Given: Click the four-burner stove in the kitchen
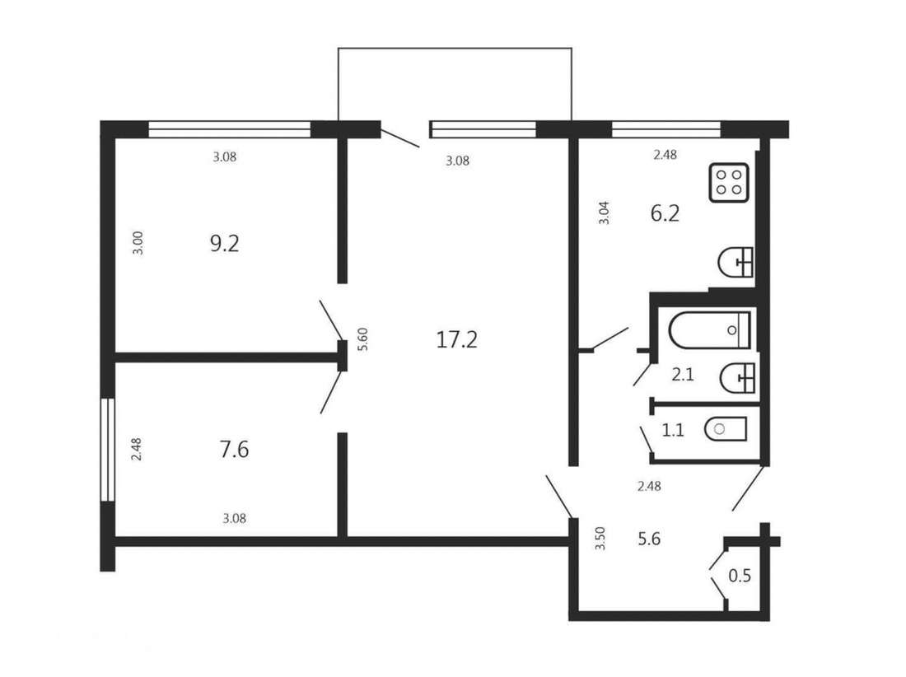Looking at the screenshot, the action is [x=729, y=183].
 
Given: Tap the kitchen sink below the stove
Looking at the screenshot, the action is [x=736, y=262].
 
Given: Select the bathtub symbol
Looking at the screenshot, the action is [x=709, y=329].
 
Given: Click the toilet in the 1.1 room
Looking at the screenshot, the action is [x=726, y=428].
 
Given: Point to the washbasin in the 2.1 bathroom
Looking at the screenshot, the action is [x=737, y=378].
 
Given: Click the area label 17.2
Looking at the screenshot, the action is [x=456, y=339].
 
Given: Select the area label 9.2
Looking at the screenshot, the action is [x=224, y=243].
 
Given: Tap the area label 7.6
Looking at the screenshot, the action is [x=234, y=449].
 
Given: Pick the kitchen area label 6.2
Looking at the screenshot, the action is [x=665, y=213].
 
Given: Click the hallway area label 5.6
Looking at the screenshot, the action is [x=649, y=539].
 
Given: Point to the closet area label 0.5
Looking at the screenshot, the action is [x=740, y=576].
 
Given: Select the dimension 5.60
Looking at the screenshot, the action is [x=363, y=339].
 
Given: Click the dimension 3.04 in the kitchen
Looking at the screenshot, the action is [x=604, y=212].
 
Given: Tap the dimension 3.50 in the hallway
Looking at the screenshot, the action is [x=600, y=538].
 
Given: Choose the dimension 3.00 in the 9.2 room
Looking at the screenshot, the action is [x=138, y=243].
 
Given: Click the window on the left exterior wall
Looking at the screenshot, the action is [x=107, y=450].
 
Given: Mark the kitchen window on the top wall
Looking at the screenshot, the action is [x=666, y=129].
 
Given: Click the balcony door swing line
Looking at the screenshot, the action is [x=400, y=138].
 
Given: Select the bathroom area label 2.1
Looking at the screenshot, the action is [x=683, y=375].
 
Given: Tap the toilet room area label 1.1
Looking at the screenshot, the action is [x=673, y=430].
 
